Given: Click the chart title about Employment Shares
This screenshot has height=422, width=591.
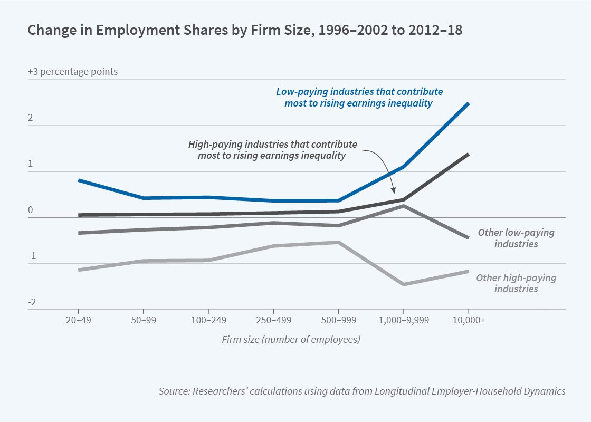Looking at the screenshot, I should point(245,30).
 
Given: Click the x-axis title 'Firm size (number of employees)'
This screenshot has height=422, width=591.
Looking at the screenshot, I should point(291,339).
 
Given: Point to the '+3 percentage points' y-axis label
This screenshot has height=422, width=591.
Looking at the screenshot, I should point(73,72).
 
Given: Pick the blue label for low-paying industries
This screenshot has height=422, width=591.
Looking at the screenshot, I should point(359,97).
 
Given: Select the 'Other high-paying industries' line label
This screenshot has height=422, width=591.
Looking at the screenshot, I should point(516,283).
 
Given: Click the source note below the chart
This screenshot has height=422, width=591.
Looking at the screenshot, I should point(361,391).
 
